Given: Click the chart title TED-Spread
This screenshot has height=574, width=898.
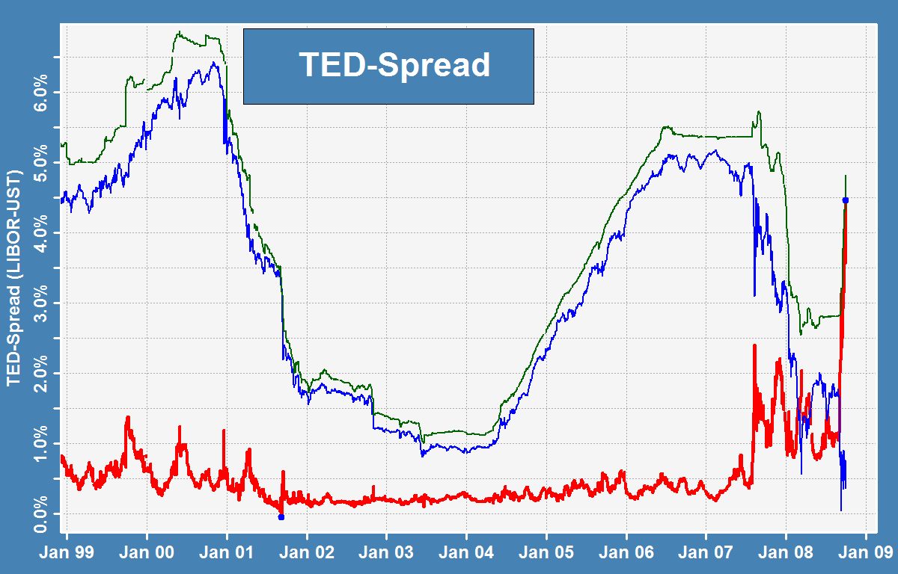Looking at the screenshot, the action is pyautogui.click(x=394, y=65).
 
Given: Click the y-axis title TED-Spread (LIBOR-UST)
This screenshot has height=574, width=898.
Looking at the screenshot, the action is pyautogui.click(x=13, y=278).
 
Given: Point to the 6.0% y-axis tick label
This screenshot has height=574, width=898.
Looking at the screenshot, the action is pyautogui.click(x=40, y=93).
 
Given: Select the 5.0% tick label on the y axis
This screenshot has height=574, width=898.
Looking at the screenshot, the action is pyautogui.click(x=40, y=163).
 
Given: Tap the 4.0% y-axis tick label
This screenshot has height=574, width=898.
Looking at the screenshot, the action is pyautogui.click(x=40, y=233).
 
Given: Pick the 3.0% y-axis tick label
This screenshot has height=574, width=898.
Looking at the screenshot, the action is pyautogui.click(x=40, y=303).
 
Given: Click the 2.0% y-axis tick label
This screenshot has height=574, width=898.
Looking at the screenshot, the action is pyautogui.click(x=40, y=374).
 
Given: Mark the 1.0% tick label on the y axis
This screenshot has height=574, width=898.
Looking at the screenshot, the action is pyautogui.click(x=40, y=444).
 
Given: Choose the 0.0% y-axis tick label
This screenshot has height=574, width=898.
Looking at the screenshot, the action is pyautogui.click(x=40, y=514).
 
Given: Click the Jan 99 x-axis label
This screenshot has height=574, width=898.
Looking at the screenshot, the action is pyautogui.click(x=67, y=552).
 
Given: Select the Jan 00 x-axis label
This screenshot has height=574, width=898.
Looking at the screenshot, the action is pyautogui.click(x=147, y=552).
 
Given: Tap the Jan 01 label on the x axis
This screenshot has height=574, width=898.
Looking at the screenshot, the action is pyautogui.click(x=227, y=552).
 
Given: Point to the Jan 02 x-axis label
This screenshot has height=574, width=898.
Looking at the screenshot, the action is pyautogui.click(x=307, y=552).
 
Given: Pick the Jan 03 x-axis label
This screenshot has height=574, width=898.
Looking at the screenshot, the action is pyautogui.click(x=386, y=552).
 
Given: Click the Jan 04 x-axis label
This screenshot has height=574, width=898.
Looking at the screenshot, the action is pyautogui.click(x=466, y=552).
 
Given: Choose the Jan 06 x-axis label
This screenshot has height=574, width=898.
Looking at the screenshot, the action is pyautogui.click(x=626, y=552).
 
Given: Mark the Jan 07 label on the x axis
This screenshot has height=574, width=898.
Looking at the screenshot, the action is pyautogui.click(x=706, y=552).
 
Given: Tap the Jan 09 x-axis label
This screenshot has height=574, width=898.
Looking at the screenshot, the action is pyautogui.click(x=866, y=552).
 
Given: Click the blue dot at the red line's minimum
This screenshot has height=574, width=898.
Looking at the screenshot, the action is pyautogui.click(x=281, y=517).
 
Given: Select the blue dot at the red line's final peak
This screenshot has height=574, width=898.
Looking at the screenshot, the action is pyautogui.click(x=846, y=200).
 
